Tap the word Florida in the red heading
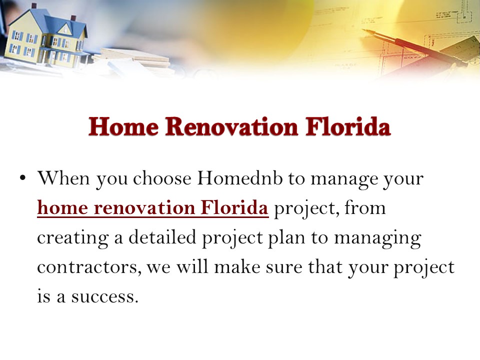point(348,127)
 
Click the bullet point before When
point(22,179)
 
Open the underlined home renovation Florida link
point(153,208)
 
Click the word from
point(363,208)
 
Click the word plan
point(288,238)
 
